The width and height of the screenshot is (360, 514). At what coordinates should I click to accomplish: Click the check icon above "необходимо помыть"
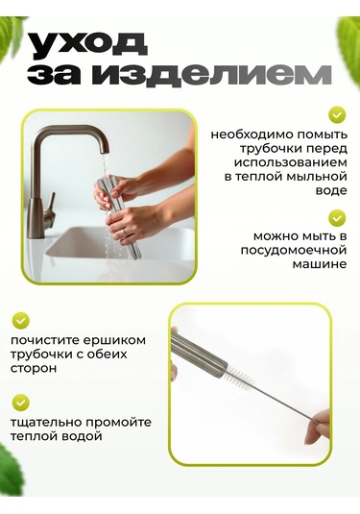[337, 114]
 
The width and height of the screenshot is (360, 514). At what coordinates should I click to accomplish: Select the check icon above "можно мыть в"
[337, 217]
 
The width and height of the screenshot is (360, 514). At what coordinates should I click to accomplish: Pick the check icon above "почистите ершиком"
[20, 320]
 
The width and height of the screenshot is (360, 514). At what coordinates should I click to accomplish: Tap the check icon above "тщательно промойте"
[20, 403]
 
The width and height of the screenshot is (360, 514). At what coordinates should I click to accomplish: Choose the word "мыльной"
[308, 177]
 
